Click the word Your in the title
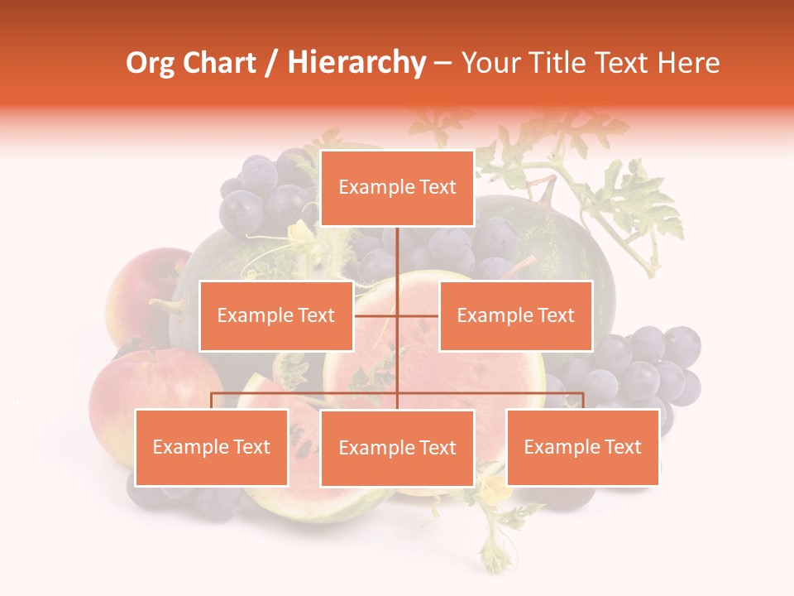489,63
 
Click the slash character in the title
271,64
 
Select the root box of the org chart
397,188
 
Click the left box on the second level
276,315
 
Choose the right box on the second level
515,315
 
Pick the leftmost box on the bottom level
212,447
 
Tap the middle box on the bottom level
397,448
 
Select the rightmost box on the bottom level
582,447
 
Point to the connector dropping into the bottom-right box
582,400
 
